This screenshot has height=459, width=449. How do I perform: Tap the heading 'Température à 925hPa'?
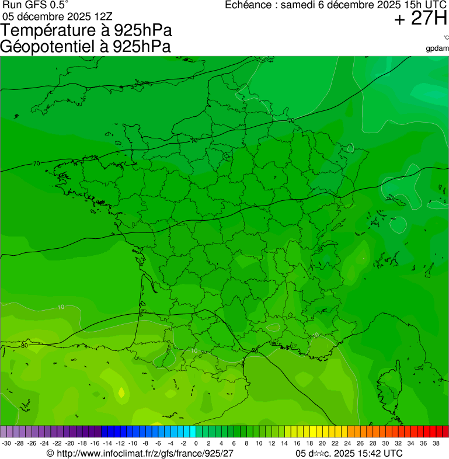coord(86,30)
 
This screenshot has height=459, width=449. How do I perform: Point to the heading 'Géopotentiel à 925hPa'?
coord(85,47)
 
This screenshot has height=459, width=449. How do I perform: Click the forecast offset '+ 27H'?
coord(420,19)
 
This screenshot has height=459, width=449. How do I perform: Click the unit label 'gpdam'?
coord(437,48)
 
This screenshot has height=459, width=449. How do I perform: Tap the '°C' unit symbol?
coord(445,38)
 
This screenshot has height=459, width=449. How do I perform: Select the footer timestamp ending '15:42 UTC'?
coord(349,453)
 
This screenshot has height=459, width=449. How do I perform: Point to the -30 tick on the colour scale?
coord(6,443)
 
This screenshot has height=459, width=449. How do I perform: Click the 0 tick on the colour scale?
coord(196,443)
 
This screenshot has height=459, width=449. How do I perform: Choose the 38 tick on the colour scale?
coord(436,443)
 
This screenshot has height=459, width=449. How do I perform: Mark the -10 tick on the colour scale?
coord(133,443)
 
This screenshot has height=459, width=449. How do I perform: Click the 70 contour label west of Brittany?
coord(36,164)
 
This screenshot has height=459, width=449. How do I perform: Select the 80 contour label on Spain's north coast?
coord(24,346)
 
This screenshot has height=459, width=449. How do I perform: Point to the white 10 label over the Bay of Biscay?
coord(61,307)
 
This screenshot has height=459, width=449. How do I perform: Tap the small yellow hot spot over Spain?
coord(121,393)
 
